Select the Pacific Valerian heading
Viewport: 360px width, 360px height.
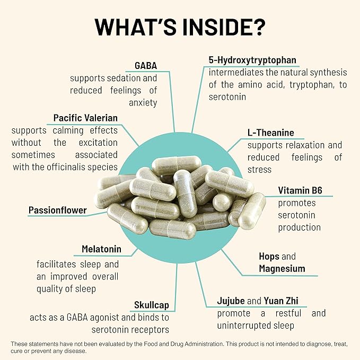point(85,117)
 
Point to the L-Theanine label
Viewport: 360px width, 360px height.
point(270,133)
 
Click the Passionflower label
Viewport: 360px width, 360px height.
point(57,210)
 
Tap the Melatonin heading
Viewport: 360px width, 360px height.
point(101,249)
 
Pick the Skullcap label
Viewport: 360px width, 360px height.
point(151,305)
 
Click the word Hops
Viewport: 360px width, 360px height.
point(269,256)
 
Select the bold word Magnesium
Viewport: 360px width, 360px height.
point(282,269)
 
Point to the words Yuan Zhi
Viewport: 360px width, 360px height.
point(283,301)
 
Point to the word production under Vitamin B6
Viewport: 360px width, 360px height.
point(300,227)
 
